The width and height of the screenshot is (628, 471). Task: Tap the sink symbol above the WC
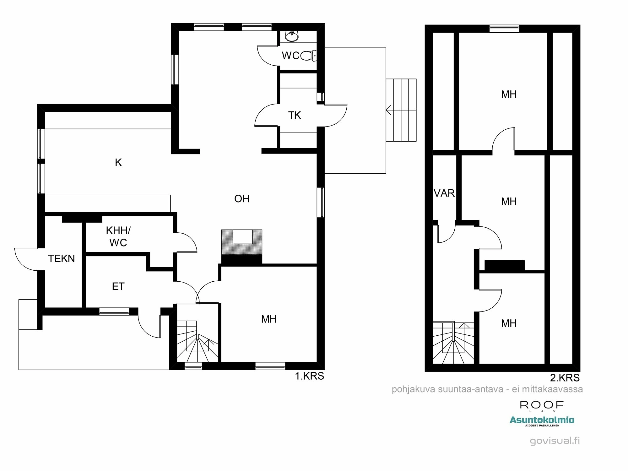click(x=292, y=36)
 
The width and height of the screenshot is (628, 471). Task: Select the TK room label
click(x=295, y=115)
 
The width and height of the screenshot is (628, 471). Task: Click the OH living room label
click(x=242, y=199)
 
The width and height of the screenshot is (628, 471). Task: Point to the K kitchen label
click(x=118, y=162)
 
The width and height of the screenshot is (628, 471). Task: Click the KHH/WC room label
click(x=118, y=236)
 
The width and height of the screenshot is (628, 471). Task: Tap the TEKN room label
click(x=61, y=258)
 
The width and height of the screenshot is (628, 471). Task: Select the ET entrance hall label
click(x=118, y=286)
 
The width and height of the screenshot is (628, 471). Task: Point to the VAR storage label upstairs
click(x=444, y=193)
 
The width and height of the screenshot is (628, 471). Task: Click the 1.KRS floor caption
click(x=309, y=376)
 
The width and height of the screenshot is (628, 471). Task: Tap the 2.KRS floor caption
click(x=565, y=377)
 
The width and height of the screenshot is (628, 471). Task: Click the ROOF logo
click(x=542, y=405)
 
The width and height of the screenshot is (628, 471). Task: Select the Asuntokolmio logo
click(x=542, y=420)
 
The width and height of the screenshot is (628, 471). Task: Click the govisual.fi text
click(x=555, y=441)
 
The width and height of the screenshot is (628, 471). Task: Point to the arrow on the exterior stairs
click(x=389, y=110)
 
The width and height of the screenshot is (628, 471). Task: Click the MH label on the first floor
click(x=269, y=319)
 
